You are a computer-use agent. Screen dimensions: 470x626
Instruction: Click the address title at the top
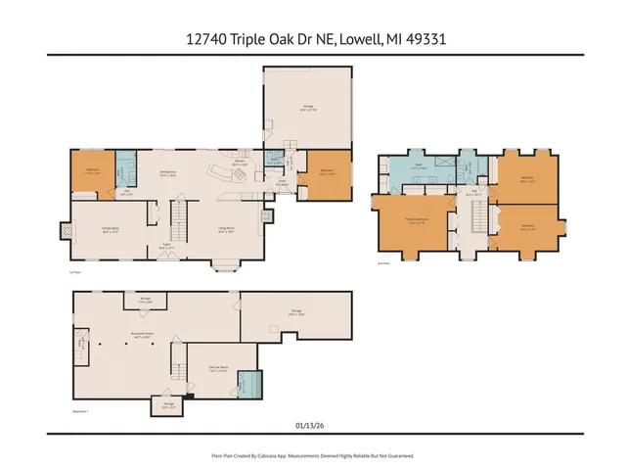(x=313, y=39)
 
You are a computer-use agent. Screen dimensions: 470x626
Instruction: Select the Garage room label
(x=307, y=109)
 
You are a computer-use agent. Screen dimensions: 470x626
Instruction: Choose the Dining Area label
(x=167, y=174)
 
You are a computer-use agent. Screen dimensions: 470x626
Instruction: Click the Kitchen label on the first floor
(x=239, y=163)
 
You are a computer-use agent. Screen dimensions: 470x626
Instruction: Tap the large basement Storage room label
(x=294, y=313)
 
